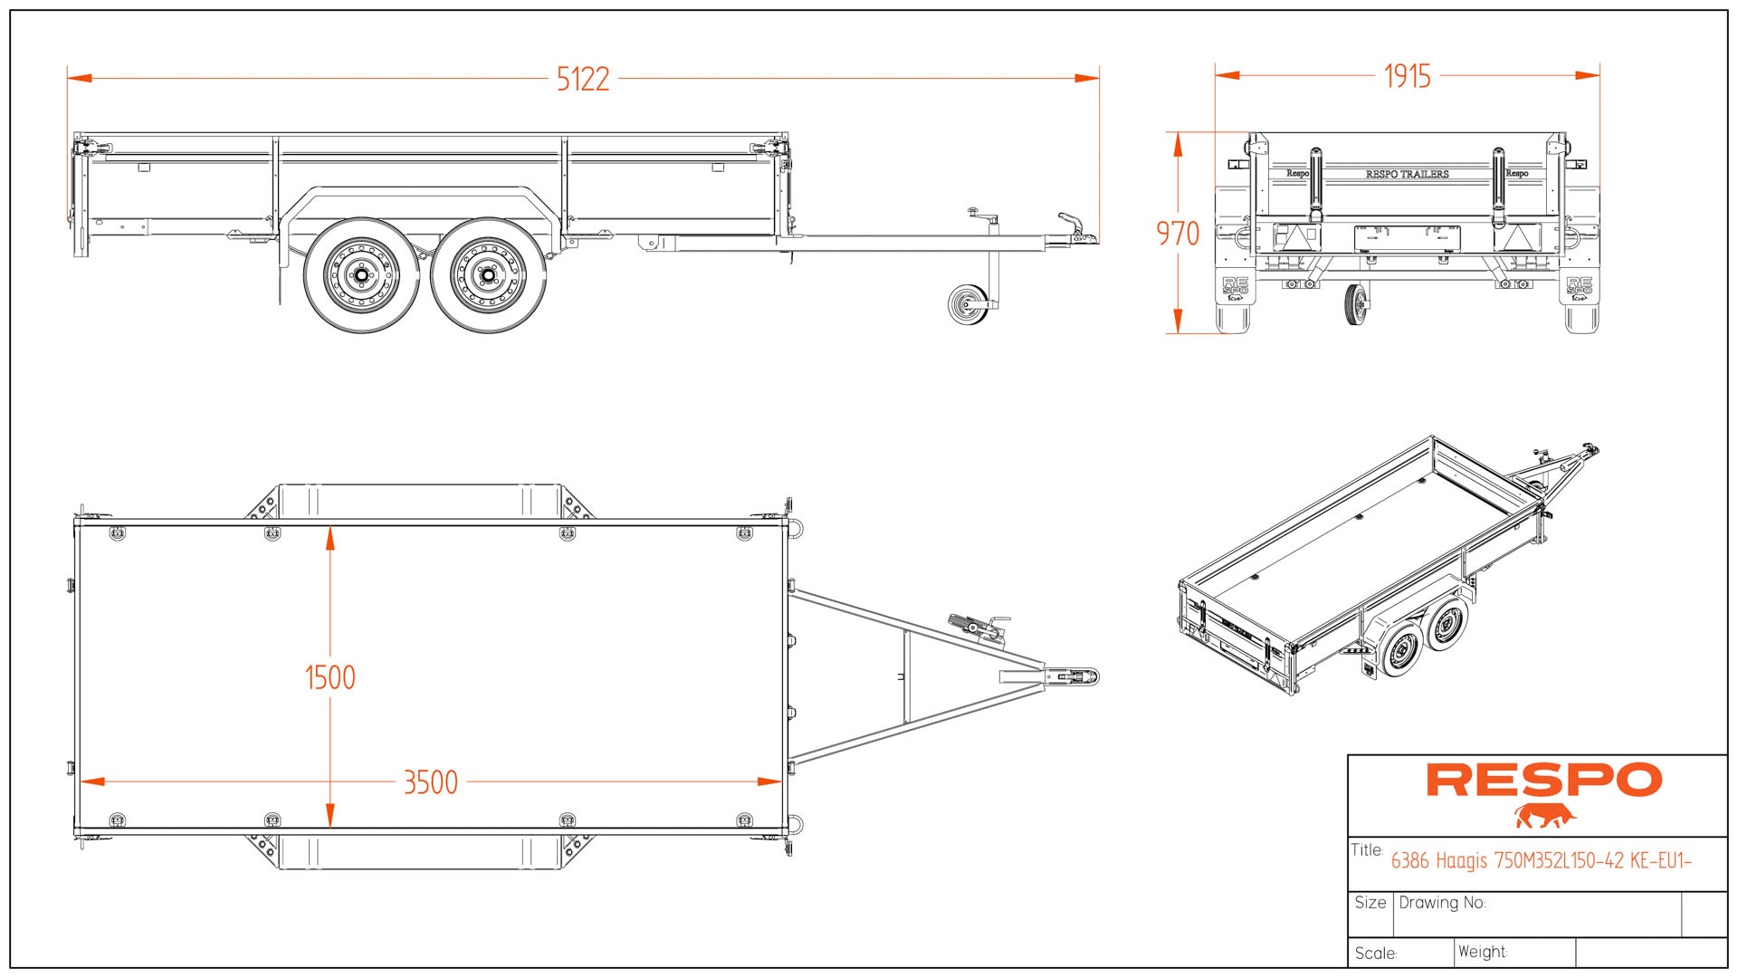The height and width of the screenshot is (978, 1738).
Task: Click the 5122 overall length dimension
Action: point(582,80)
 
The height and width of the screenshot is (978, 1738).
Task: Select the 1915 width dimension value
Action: point(1407,76)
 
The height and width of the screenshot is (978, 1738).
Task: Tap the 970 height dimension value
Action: point(1177,234)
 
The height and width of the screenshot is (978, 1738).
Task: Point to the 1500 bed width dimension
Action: point(329,677)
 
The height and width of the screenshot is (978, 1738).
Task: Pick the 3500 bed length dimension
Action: point(430,782)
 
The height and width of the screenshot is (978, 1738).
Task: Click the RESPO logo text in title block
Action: point(1543,781)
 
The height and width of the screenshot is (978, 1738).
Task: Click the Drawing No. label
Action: point(1442,903)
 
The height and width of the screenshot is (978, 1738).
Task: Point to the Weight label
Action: point(1482,952)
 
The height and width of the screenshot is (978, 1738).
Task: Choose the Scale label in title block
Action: point(1375,954)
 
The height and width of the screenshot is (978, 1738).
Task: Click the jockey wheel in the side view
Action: point(969,304)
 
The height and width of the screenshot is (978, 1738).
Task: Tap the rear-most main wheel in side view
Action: point(361,274)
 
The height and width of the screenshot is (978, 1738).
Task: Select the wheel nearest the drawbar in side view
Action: point(488,274)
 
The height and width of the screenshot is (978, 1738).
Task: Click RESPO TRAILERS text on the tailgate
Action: point(1407,174)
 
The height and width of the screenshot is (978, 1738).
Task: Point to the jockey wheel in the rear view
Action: point(1355,305)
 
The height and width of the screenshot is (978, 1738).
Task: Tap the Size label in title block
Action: point(1370,903)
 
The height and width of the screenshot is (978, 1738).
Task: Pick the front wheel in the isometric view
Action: point(1447,624)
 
